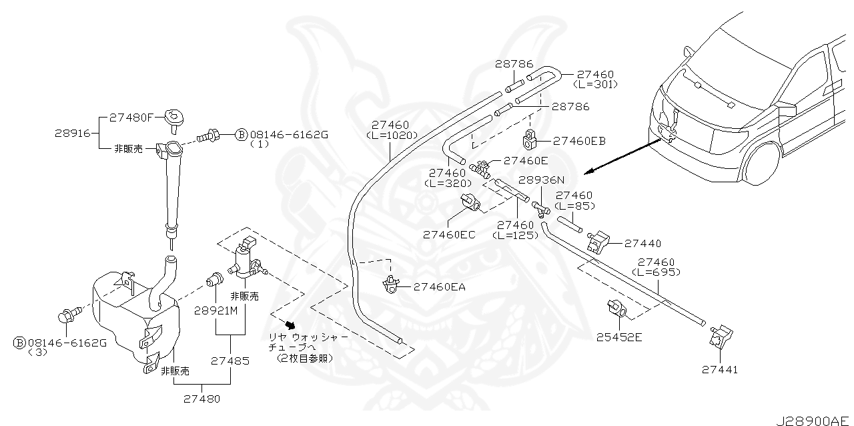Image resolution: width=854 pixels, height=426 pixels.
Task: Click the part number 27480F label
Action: (130, 117)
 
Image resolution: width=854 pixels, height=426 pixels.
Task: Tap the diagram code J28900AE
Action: (813, 421)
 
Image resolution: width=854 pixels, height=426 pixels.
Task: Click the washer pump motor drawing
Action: (248, 260)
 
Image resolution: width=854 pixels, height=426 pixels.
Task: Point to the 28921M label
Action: (216, 312)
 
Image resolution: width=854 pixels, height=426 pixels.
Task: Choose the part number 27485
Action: (230, 361)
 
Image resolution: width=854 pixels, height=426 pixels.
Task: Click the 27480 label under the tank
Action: (199, 399)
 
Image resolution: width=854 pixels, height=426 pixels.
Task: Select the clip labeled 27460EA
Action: (390, 286)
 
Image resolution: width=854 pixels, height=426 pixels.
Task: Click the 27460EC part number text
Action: (448, 234)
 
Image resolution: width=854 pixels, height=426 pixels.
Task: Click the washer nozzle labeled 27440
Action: (598, 241)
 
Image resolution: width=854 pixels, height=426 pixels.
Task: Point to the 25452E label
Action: (618, 337)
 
